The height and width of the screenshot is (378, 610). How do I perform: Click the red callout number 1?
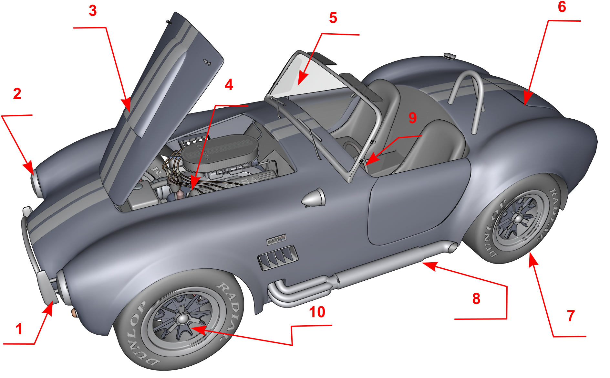(x=19, y=329)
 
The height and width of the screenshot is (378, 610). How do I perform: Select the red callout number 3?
(x=93, y=11)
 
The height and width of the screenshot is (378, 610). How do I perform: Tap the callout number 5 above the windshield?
(x=333, y=18)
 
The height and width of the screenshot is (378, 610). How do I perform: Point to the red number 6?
(x=562, y=7)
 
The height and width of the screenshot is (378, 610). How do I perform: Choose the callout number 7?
(x=571, y=316)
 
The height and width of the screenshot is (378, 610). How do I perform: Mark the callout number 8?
(x=476, y=298)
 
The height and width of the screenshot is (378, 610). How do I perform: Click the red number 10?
(x=317, y=312)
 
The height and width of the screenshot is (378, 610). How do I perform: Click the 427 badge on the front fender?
(x=276, y=240)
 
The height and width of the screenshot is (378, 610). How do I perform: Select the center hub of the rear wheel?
(x=518, y=219)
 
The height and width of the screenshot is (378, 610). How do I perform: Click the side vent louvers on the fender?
(x=278, y=257)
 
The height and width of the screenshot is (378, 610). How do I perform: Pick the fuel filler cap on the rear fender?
(x=449, y=56)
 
